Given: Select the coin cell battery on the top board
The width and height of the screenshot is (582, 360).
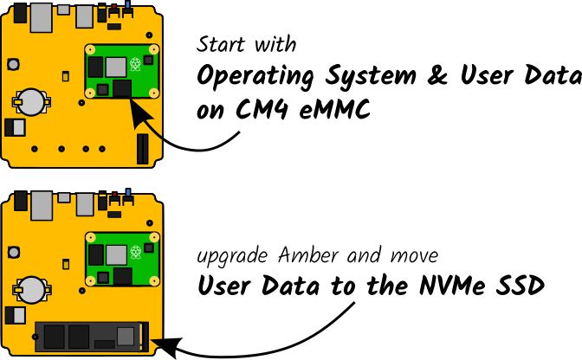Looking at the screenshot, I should [33, 100].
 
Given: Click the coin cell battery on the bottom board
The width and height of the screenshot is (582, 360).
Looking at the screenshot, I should [33, 289].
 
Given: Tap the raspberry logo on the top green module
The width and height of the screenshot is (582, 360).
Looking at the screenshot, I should [134, 63].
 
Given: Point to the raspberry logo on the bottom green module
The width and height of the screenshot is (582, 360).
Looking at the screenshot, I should [134, 252].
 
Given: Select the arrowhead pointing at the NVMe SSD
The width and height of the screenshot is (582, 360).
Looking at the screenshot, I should [167, 348].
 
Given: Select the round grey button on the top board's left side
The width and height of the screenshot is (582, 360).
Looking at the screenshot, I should [14, 63].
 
